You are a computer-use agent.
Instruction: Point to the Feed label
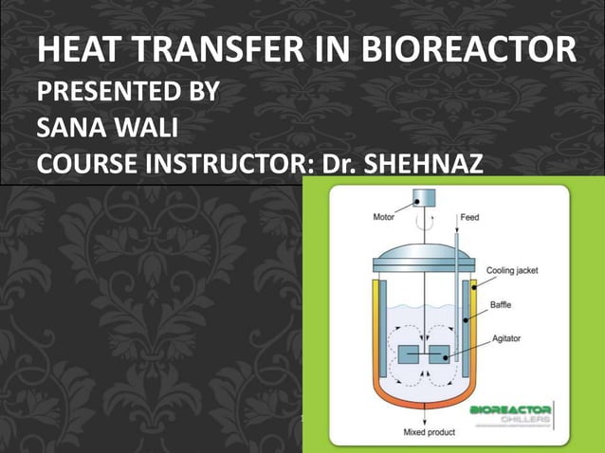[469, 217]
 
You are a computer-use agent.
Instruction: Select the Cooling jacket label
[512, 270]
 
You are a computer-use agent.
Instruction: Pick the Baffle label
[502, 304]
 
